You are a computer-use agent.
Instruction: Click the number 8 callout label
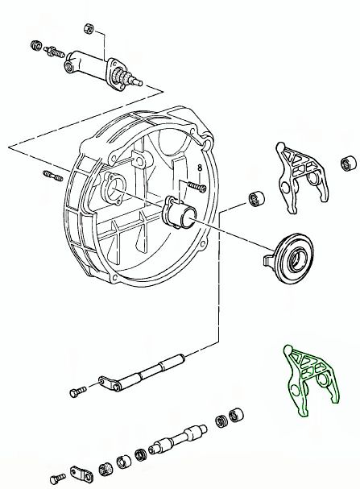[200, 168]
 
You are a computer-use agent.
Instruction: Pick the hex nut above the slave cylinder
[89, 28]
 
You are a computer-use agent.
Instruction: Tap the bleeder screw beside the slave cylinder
[54, 52]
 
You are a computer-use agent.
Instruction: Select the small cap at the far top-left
[36, 46]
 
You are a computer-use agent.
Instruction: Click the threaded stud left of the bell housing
[53, 176]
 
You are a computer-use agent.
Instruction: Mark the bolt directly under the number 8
[197, 186]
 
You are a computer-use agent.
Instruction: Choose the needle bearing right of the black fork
[348, 163]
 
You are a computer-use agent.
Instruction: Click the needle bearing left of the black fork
[257, 198]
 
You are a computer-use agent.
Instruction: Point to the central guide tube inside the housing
[179, 214]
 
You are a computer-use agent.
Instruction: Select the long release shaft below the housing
[142, 373]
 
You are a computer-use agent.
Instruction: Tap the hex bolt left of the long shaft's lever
[78, 392]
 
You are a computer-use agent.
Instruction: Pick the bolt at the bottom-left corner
[58, 479]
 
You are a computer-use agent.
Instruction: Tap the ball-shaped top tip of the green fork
[288, 349]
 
